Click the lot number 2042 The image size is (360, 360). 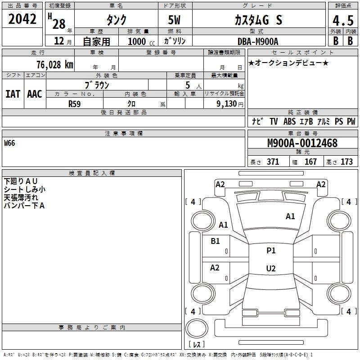(x=22, y=19)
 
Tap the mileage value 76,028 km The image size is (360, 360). (x=54, y=64)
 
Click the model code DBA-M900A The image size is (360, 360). (x=257, y=41)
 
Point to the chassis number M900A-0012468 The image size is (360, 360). (x=302, y=143)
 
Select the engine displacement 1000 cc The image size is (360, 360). (x=137, y=41)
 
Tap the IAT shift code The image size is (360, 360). (x=13, y=94)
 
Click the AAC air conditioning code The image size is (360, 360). (x=35, y=94)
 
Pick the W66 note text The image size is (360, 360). (x=9, y=143)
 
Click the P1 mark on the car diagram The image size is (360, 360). (x=271, y=251)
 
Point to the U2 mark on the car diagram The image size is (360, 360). (x=271, y=269)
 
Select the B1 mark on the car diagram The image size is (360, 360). (x=215, y=241)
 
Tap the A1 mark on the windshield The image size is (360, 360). (x=290, y=216)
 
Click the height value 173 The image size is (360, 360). (x=346, y=162)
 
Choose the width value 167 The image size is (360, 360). (x=310, y=162)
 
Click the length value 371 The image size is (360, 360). (x=273, y=162)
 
